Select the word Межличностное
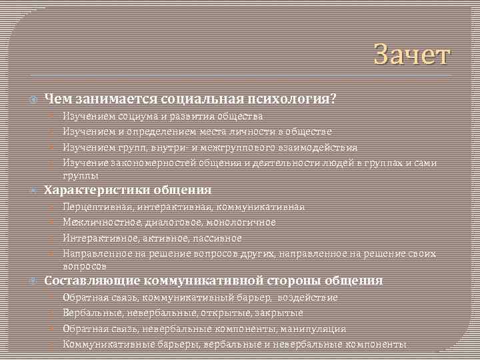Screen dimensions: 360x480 click(99, 222)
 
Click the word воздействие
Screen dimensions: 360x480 click(307, 297)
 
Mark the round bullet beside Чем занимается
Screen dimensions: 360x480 click(33, 100)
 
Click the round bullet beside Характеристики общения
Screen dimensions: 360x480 click(33, 191)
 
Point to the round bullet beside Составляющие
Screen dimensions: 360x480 click(33, 281)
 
